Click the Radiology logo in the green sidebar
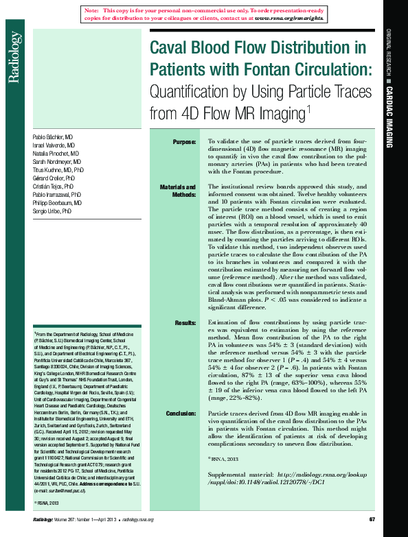point(14,58)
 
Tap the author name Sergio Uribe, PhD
point(52,212)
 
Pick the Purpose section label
point(184,142)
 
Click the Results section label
point(185,322)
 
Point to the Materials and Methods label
point(178,191)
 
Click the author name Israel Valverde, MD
point(56,146)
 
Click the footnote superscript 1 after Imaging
point(309,108)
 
